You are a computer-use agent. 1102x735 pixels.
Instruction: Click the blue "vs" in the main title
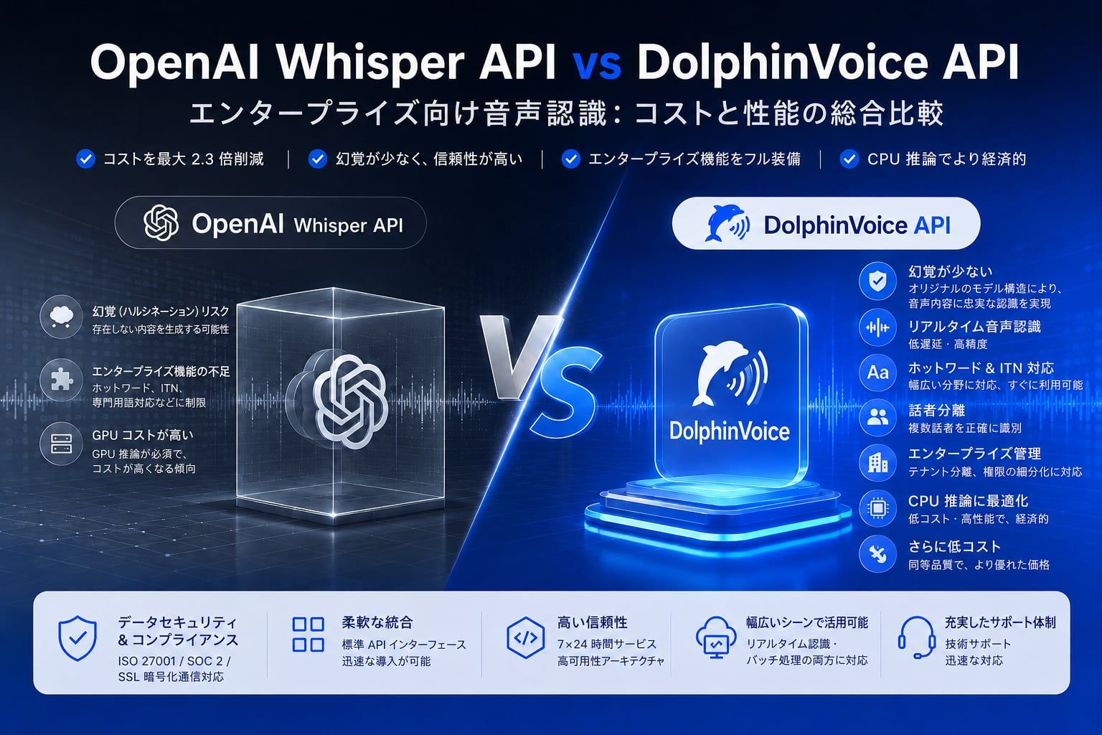596,64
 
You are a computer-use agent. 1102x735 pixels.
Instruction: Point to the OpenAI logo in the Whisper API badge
161,223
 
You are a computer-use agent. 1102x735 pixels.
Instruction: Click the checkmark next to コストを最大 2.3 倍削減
85,159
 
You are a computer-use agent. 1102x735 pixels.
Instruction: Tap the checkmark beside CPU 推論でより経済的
849,159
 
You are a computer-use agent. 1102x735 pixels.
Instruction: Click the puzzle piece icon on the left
61,380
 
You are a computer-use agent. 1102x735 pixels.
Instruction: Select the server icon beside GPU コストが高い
61,444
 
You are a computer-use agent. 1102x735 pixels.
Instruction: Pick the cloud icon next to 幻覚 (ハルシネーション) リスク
61,317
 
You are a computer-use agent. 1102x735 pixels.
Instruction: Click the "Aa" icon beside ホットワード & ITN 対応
877,373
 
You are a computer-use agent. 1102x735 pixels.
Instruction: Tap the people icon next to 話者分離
877,418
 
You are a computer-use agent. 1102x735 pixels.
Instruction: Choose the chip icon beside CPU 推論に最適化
877,509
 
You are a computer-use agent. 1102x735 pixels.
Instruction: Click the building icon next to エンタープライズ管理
877,463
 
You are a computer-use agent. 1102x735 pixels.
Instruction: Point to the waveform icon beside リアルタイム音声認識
877,327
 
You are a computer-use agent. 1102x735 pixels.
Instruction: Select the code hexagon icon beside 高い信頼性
525,638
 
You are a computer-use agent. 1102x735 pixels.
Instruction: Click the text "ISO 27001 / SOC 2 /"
174,661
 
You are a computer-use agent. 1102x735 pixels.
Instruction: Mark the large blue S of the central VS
566,391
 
